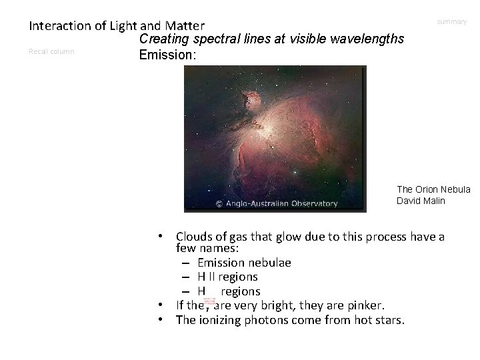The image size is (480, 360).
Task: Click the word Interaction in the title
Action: [x=59, y=27]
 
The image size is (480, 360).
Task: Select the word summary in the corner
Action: [x=452, y=22]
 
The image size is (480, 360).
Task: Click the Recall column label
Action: [x=52, y=51]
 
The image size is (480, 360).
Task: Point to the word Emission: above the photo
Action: [x=167, y=55]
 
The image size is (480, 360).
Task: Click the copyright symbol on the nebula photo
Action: [x=218, y=204]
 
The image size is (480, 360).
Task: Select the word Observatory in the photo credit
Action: [x=313, y=204]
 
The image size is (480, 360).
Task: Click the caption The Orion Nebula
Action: [x=434, y=189]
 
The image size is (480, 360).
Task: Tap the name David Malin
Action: [x=421, y=201]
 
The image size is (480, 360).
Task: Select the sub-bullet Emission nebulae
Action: [x=244, y=262]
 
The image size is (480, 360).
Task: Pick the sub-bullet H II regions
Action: [x=227, y=277]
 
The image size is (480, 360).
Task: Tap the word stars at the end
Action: [x=389, y=320]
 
